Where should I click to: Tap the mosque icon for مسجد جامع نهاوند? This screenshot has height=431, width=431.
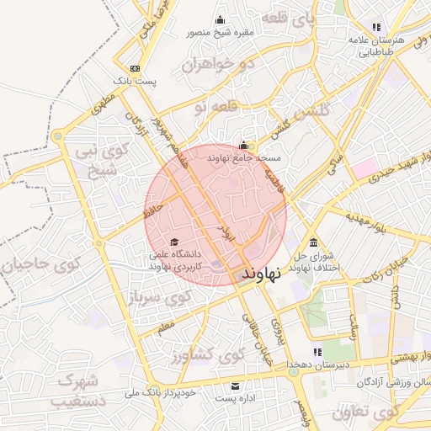pos(244,145)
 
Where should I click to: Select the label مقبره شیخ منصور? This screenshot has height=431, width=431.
pos(221,35)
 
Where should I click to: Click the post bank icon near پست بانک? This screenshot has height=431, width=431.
pos(136,69)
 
